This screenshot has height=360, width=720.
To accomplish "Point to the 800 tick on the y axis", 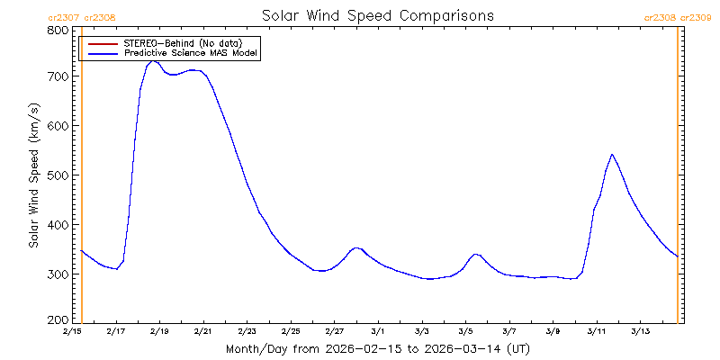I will point(58,30).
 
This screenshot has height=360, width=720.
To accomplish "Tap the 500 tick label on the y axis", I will point(58,175).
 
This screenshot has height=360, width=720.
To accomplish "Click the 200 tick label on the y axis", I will point(58,320).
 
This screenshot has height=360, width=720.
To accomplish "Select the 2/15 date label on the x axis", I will point(72,332).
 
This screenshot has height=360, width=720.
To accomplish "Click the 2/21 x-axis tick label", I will point(203,332).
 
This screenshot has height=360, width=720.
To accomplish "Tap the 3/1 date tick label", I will point(378,332).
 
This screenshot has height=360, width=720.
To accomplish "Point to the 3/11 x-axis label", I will point(596,332).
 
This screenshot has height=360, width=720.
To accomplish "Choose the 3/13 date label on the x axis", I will point(640,332).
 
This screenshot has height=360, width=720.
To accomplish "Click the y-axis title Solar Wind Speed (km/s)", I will point(33,175).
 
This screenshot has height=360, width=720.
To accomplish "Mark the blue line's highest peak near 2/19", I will point(154,60).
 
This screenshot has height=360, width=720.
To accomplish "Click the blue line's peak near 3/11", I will point(612,155).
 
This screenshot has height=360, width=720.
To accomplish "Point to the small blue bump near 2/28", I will point(356,247).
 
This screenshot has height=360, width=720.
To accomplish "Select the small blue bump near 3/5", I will point(476,255).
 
